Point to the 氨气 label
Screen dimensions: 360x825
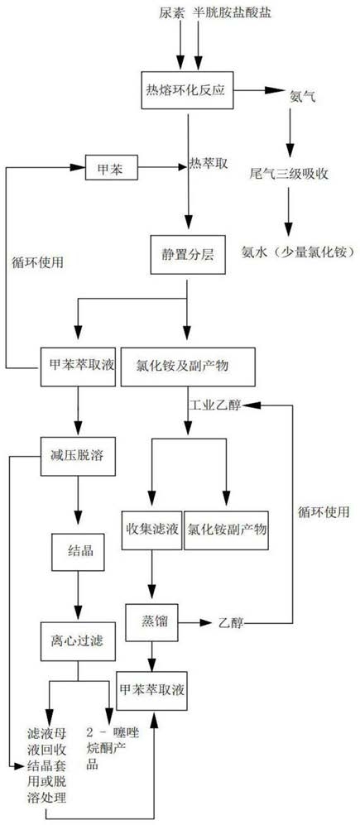(x=303, y=96)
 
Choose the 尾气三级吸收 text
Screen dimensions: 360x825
(x=289, y=174)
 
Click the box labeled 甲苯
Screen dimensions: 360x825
(x=111, y=167)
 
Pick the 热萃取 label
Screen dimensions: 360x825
(x=208, y=164)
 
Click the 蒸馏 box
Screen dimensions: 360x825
(x=152, y=622)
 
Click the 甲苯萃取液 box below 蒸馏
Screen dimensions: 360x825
(x=153, y=690)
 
